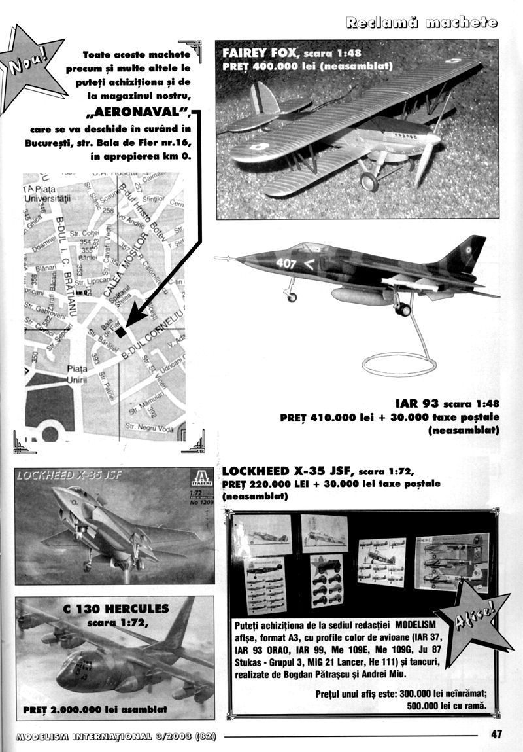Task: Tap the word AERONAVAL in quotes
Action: point(142,109)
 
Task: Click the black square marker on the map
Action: point(120,332)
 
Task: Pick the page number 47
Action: point(496,734)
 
